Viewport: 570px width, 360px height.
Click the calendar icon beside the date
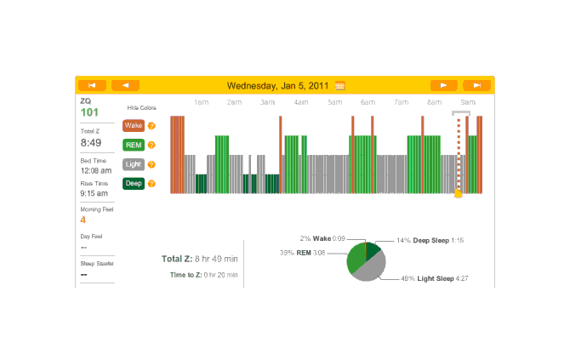coord(340,85)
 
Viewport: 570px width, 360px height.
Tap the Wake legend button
coord(134,126)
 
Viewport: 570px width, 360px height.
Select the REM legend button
coord(134,145)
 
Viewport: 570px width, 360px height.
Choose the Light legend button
coord(134,164)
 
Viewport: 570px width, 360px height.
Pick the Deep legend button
coord(134,183)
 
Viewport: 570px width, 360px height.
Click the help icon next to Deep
coord(151,183)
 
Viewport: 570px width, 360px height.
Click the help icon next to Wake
coord(151,126)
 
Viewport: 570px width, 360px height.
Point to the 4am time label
coord(301,103)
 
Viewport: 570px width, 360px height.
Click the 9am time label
coord(468,103)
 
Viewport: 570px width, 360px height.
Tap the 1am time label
coord(202,103)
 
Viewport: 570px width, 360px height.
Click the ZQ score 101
coord(89,112)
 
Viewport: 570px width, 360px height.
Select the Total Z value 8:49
coord(91,143)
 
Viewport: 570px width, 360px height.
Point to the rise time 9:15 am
coord(94,193)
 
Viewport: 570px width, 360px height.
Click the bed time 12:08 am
coord(95,170)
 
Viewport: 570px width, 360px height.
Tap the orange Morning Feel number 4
coord(83,220)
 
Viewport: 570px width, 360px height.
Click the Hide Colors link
coord(141,108)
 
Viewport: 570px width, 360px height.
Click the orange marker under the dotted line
coord(459,194)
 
